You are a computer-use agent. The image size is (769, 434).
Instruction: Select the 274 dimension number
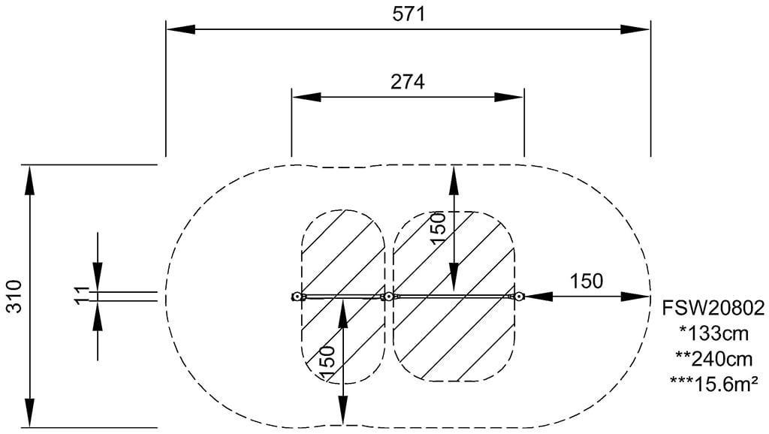click(408, 81)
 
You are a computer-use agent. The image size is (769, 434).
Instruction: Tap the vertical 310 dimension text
click(15, 296)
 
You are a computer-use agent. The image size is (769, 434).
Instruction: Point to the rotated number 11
click(83, 295)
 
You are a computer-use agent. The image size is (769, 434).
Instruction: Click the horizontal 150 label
click(586, 281)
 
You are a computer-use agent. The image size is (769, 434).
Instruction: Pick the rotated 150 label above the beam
click(438, 228)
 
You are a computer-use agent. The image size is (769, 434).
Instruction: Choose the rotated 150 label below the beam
click(327, 363)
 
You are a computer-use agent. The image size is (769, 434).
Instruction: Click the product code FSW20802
click(713, 309)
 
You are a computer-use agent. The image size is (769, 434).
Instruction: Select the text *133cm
click(714, 333)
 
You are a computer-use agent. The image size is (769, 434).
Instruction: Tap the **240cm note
click(714, 359)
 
